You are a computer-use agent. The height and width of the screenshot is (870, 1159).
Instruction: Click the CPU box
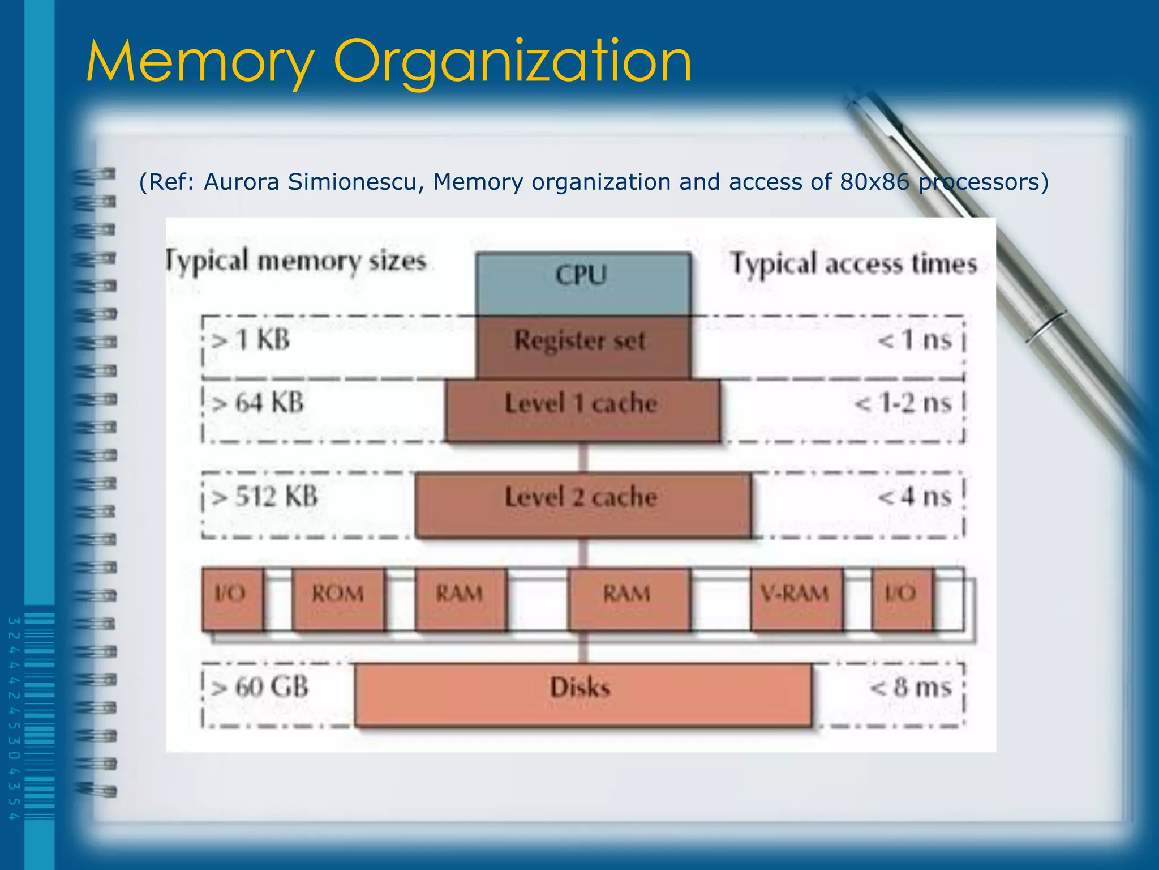click(583, 283)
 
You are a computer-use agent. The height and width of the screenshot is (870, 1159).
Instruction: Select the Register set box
click(583, 346)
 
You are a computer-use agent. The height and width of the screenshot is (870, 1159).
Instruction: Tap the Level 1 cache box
click(583, 410)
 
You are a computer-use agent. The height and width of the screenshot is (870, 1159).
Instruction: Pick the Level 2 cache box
click(583, 504)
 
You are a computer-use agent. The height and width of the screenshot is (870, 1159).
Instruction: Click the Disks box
click(583, 693)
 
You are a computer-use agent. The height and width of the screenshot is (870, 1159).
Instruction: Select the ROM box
click(338, 598)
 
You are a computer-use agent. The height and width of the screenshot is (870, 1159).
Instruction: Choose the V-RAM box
click(796, 598)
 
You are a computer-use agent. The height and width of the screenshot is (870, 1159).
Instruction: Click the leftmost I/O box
click(232, 598)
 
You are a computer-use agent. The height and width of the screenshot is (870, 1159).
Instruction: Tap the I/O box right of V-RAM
click(902, 598)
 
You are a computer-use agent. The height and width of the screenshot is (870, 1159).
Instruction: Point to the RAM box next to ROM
click(460, 598)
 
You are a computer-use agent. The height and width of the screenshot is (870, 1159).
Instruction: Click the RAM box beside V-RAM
click(629, 598)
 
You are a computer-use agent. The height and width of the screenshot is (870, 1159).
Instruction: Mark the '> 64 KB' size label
click(257, 403)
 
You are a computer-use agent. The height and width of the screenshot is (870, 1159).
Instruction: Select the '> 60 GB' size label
click(260, 687)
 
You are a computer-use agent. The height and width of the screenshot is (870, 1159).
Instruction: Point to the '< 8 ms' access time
click(911, 687)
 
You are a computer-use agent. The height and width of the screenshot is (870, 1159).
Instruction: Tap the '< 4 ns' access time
click(915, 497)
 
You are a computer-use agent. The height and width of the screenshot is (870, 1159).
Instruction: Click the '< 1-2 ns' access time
click(903, 403)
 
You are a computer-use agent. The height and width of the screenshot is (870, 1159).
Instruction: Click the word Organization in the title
click(513, 61)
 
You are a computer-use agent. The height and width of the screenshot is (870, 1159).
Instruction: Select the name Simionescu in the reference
click(355, 182)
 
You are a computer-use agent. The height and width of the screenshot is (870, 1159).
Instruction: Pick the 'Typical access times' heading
click(853, 264)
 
